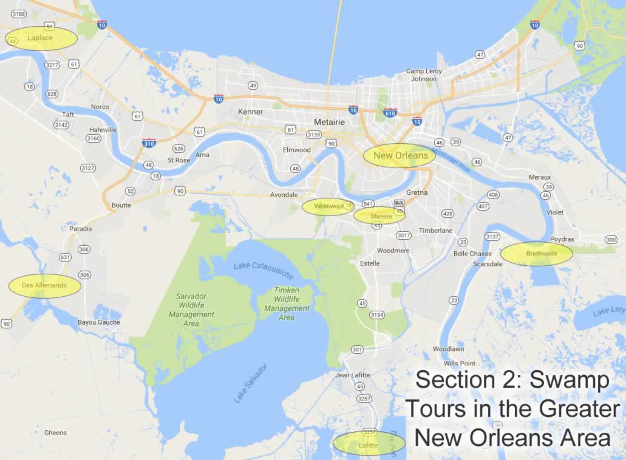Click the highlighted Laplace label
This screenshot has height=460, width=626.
[x=41, y=38]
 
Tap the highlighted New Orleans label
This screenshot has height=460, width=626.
[x=400, y=155]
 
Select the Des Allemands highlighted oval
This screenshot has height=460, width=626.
[x=44, y=285]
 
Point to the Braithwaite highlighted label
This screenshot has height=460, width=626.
[x=537, y=254]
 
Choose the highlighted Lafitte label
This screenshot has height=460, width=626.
[x=368, y=445]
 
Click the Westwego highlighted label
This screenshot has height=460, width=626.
[x=328, y=206]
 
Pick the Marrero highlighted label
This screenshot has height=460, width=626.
[x=381, y=216]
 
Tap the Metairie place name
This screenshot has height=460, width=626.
[x=330, y=122]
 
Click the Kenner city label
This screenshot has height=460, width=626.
[x=251, y=112]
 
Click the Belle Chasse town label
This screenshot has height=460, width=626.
[x=472, y=254]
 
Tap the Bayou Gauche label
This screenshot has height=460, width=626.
[x=99, y=322]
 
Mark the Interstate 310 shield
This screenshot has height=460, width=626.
[x=149, y=143]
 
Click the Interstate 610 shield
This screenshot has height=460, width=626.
[x=390, y=113]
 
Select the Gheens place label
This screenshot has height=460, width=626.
[x=55, y=433]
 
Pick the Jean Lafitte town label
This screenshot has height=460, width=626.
[x=352, y=375]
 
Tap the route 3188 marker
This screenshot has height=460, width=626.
[x=19, y=13]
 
